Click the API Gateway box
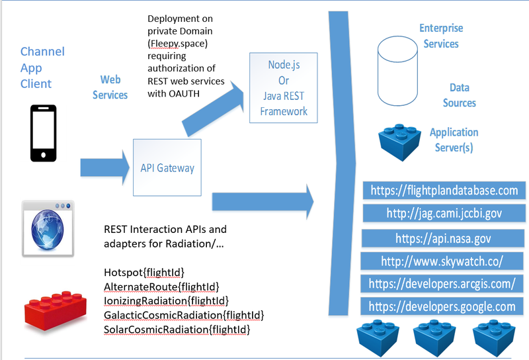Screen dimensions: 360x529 (167, 167)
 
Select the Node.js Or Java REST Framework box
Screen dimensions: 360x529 (283, 88)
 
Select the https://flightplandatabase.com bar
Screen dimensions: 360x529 (444, 191)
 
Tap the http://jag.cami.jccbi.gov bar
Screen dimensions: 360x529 (444, 213)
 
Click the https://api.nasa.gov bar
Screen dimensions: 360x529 (444, 238)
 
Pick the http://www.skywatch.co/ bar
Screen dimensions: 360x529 (442, 261)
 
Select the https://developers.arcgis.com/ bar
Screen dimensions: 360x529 (444, 284)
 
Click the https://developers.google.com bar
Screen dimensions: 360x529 (442, 306)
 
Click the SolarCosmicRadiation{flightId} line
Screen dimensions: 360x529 (177, 329)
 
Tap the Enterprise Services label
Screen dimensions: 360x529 (440, 36)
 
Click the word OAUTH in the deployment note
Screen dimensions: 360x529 (188, 93)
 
